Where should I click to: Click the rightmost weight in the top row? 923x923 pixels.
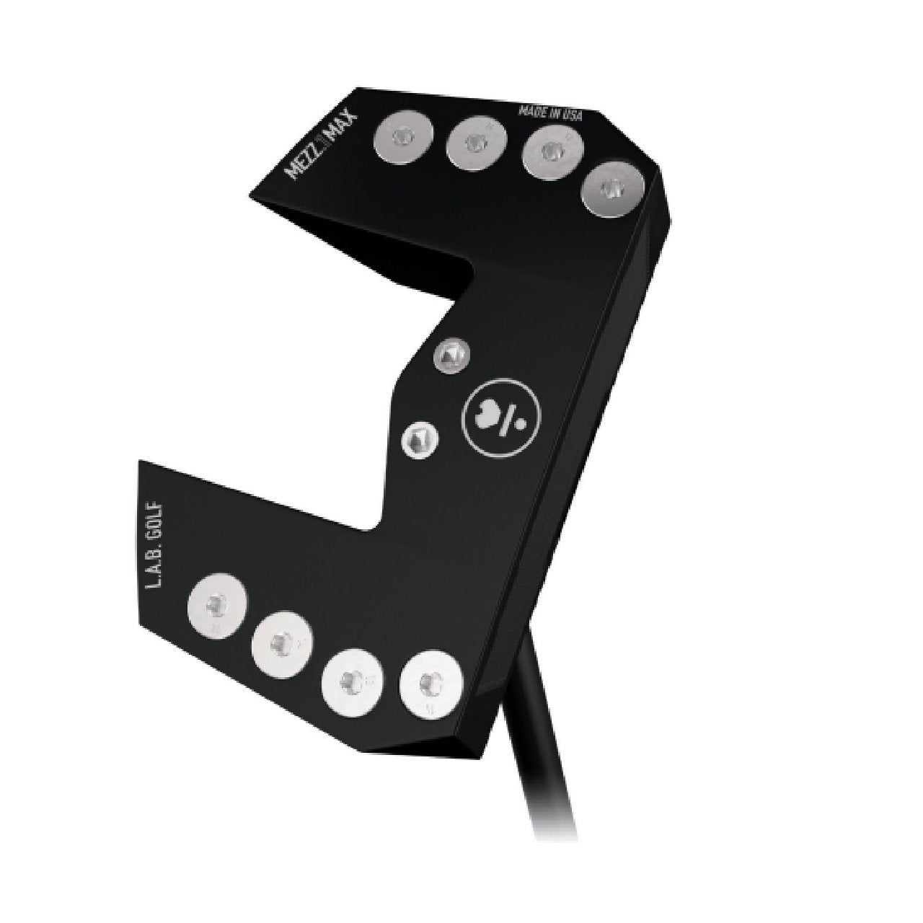pyautogui.click(x=612, y=189)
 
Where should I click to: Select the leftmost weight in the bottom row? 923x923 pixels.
pyautogui.click(x=217, y=604)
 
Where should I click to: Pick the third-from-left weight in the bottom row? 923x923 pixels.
pyautogui.click(x=350, y=679)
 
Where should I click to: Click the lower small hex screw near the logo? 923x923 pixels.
pyautogui.click(x=418, y=438)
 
